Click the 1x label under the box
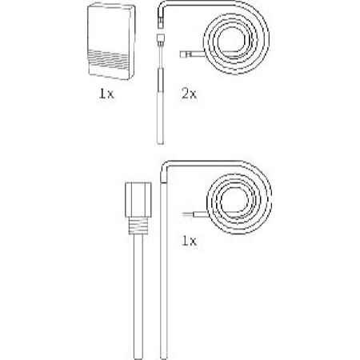click(106, 94)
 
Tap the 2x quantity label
click(189, 94)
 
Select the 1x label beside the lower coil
click(189, 241)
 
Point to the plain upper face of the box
click(110, 29)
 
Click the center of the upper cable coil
click(231, 41)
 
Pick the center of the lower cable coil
click(234, 201)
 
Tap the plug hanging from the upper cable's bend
click(161, 22)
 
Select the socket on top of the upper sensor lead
click(161, 39)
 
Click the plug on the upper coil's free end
click(186, 54)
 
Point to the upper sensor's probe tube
click(160, 118)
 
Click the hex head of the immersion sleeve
click(138, 199)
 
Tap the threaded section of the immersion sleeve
click(138, 226)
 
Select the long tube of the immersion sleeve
click(138, 297)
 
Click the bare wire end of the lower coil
click(188, 214)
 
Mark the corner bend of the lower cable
click(165, 166)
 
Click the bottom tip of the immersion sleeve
click(138, 358)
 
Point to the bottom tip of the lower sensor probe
click(164, 358)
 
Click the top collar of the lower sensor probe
click(164, 179)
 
